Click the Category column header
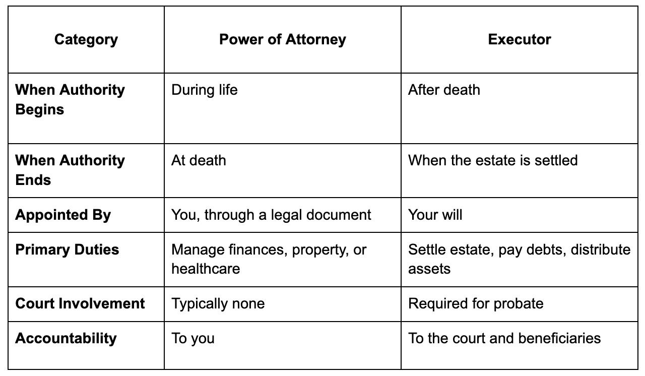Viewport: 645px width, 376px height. [86, 39]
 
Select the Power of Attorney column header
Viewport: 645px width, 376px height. [283, 39]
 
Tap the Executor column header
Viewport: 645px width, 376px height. [520, 39]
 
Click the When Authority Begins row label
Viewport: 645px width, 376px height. [70, 100]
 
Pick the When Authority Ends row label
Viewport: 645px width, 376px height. [70, 170]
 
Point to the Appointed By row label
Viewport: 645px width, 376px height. [63, 215]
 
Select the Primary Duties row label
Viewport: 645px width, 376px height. [67, 249]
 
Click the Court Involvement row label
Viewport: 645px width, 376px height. [80, 303]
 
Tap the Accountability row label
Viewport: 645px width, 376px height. [66, 338]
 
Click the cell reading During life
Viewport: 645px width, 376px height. [205, 90]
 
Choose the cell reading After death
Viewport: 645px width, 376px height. [444, 90]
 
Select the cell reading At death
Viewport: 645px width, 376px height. [199, 160]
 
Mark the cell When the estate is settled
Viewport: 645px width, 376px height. [493, 160]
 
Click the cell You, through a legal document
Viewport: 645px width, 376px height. [271, 215]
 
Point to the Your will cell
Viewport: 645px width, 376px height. [435, 215]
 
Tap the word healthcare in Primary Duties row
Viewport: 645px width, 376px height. [206, 269]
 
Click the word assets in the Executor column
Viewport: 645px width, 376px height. [429, 269]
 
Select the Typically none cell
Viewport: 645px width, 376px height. [218, 304]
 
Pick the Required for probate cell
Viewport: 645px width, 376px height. [476, 304]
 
